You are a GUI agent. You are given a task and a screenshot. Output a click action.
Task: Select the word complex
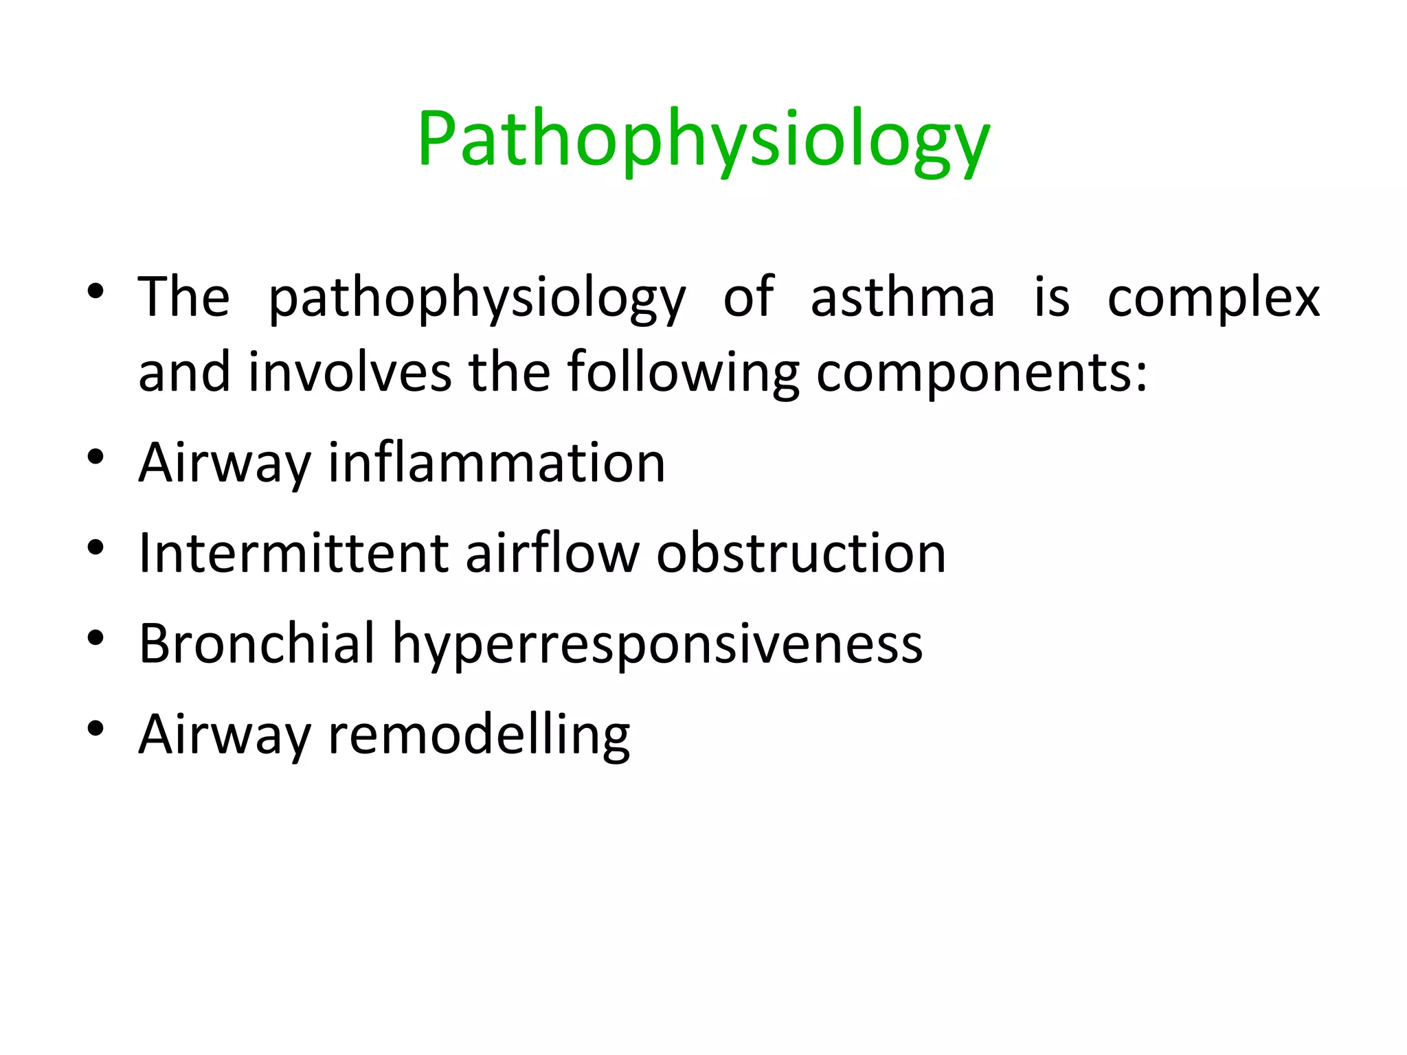pos(1213,298)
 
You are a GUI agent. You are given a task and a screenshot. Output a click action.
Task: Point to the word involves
pos(350,372)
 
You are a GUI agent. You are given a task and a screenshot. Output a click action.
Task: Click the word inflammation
pos(497,462)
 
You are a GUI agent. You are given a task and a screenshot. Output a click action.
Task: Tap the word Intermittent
pos(293,553)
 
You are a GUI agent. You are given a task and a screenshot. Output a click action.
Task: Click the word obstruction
pos(801,553)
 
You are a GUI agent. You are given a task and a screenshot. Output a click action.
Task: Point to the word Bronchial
pos(257,644)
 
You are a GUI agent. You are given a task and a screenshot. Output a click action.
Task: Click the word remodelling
pos(479,734)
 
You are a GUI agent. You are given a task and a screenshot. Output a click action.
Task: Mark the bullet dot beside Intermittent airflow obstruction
pos(95,547)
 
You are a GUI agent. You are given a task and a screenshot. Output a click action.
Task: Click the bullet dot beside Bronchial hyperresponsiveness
pos(95,638)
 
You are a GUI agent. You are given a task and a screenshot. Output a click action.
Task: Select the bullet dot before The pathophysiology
pos(95,291)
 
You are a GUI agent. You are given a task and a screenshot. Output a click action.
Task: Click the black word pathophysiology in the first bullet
pos(477,298)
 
